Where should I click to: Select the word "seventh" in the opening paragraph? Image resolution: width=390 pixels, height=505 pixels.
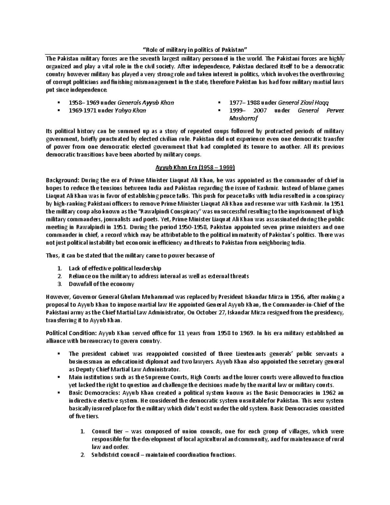click(155, 59)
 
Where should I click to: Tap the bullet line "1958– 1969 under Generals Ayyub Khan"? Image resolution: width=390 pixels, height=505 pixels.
click(121, 103)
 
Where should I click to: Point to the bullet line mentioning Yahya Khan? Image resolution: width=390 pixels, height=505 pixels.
click(107, 111)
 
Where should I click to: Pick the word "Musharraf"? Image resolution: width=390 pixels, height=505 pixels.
click(243, 118)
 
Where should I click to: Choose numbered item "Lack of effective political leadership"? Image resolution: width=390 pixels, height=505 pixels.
click(115, 269)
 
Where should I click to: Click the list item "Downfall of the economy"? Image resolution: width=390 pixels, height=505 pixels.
click(101, 284)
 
